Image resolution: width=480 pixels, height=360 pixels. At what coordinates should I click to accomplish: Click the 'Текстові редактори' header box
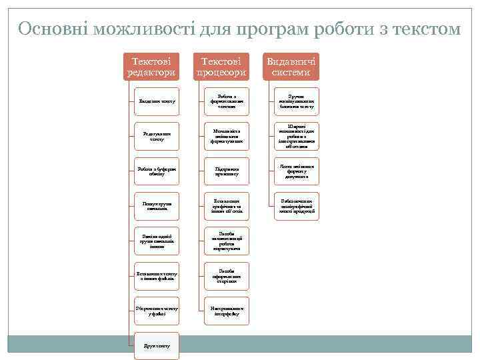click(153, 66)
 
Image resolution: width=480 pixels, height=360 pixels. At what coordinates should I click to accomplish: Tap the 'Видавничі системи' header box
click(292, 66)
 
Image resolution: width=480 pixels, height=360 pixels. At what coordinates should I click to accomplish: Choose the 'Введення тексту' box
click(157, 101)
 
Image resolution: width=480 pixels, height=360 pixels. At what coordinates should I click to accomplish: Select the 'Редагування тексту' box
click(157, 136)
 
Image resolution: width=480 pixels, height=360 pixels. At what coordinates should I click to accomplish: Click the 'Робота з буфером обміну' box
click(157, 171)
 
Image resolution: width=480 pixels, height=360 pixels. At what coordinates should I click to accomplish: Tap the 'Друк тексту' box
click(157, 345)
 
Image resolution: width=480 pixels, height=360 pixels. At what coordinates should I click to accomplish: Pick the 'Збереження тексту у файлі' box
click(157, 311)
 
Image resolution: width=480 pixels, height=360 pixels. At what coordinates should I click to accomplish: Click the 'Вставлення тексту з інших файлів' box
click(157, 276)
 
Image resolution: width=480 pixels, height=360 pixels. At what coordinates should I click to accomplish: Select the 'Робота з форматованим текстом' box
click(227, 101)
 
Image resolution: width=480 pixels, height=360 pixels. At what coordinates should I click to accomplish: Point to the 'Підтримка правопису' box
click(227, 171)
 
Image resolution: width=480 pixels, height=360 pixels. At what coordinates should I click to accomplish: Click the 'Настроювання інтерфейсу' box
click(227, 311)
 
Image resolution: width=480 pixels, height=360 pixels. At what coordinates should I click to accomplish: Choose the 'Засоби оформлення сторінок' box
click(227, 276)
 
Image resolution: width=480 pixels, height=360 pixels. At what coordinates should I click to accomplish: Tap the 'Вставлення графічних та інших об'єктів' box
click(227, 206)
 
